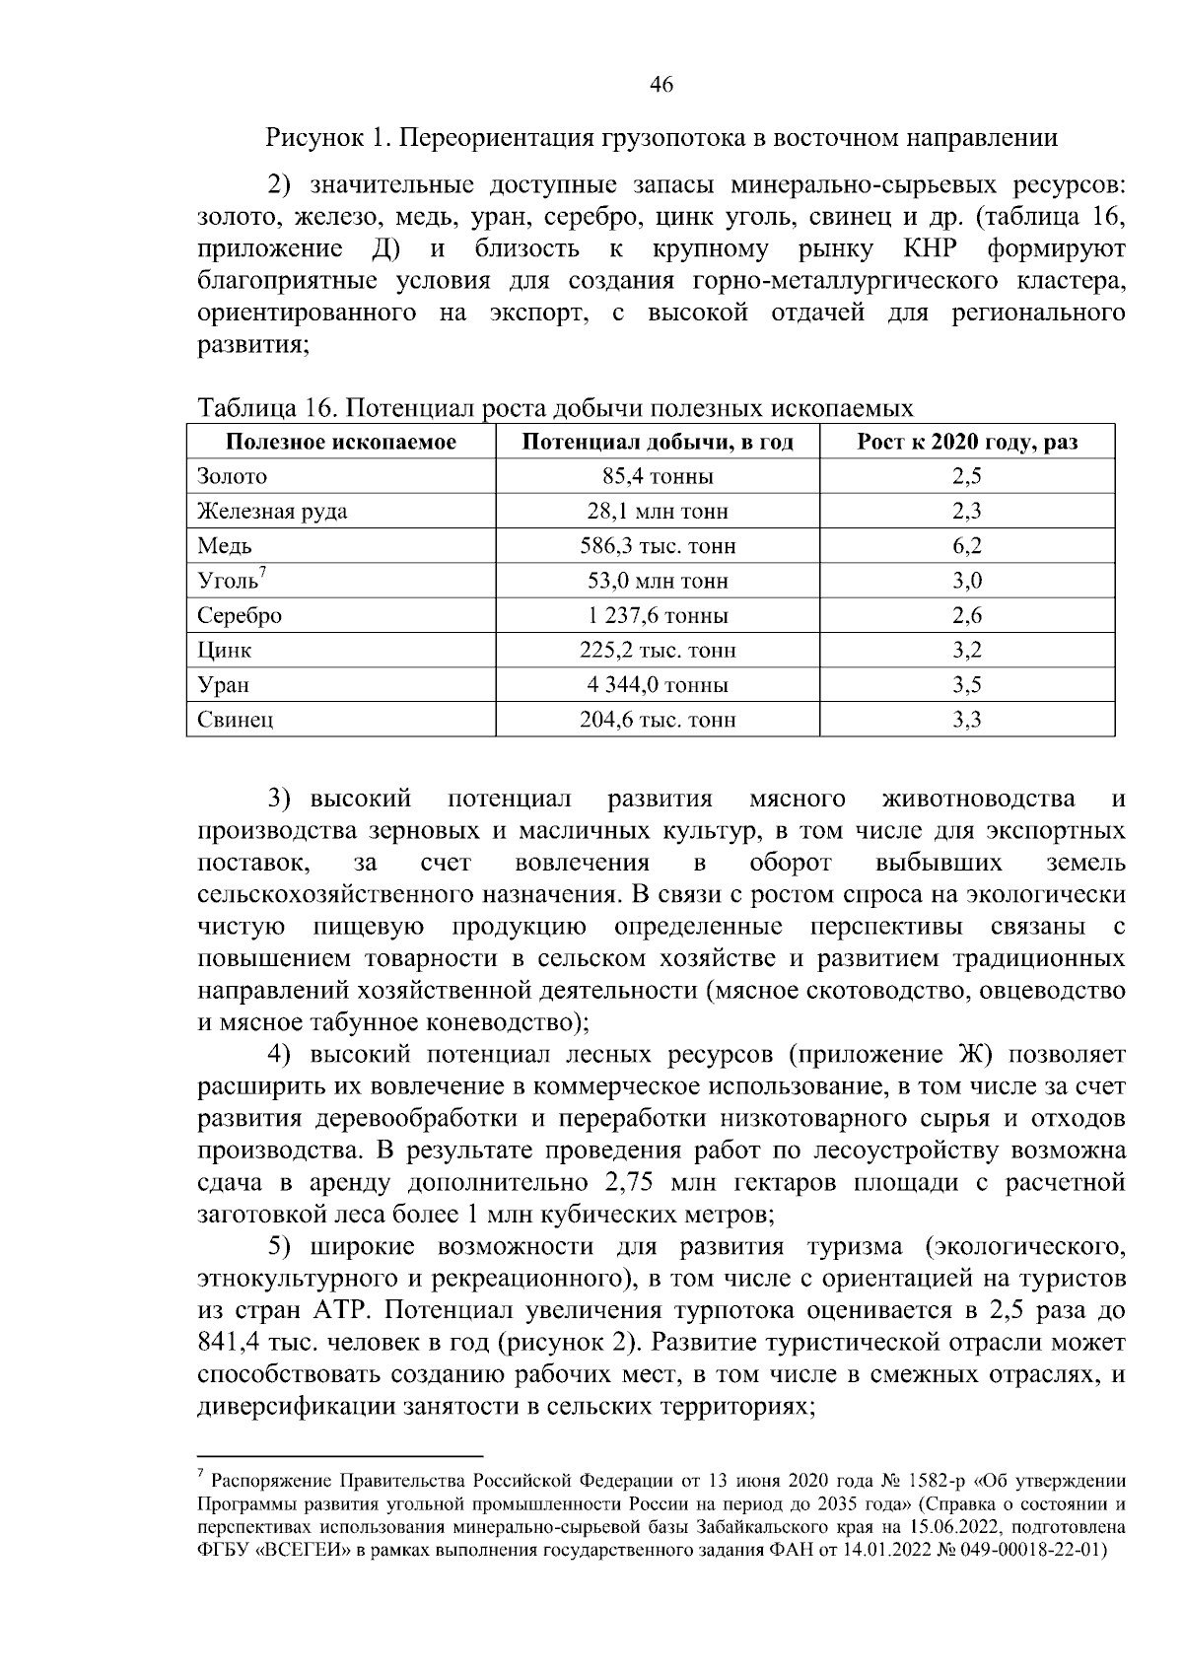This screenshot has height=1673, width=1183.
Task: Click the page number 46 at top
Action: (x=661, y=86)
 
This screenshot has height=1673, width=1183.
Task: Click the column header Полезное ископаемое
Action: (x=341, y=442)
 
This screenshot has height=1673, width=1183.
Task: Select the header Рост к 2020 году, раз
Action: (x=967, y=442)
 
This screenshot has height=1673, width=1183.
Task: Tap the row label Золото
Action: (x=233, y=477)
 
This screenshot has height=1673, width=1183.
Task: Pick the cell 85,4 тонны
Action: (x=658, y=477)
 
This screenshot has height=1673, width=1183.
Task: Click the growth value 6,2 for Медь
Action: (x=967, y=546)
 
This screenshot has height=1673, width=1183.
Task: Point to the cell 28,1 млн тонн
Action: (x=658, y=512)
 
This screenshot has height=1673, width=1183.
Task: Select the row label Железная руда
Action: (x=272, y=512)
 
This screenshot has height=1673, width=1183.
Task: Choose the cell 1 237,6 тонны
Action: (x=658, y=616)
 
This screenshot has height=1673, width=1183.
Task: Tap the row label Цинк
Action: (x=225, y=651)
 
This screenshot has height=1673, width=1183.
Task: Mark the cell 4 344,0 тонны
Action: (x=658, y=685)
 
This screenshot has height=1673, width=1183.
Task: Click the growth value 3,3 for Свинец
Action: (x=967, y=720)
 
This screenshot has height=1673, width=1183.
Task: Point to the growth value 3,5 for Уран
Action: (x=967, y=685)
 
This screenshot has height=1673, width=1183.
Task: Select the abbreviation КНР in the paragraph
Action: (x=932, y=247)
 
